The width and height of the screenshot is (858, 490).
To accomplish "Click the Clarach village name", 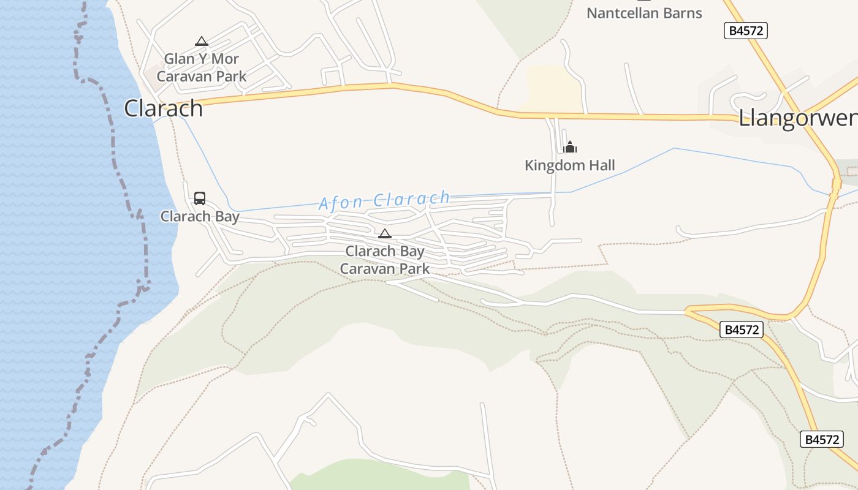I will pyautogui.click(x=163, y=108).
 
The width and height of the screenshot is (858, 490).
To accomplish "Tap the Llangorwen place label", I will pyautogui.click(x=797, y=118).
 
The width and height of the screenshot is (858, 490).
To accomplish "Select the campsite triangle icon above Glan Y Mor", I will pyautogui.click(x=201, y=42).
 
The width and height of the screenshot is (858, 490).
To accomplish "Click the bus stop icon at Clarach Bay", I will pyautogui.click(x=200, y=198).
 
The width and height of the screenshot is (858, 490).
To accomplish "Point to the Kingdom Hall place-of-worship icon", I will pyautogui.click(x=570, y=147).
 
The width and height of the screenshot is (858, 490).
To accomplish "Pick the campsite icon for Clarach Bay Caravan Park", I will pyautogui.click(x=384, y=233).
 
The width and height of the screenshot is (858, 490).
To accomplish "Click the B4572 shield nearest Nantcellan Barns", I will pyautogui.click(x=745, y=31).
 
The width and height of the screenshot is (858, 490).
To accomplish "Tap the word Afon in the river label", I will pyautogui.click(x=336, y=203).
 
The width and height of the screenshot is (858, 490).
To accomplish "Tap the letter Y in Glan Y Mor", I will pyautogui.click(x=203, y=59).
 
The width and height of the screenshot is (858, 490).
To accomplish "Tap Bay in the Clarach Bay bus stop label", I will pyautogui.click(x=226, y=216).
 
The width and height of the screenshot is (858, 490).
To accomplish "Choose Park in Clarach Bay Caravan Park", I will pyautogui.click(x=415, y=268).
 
